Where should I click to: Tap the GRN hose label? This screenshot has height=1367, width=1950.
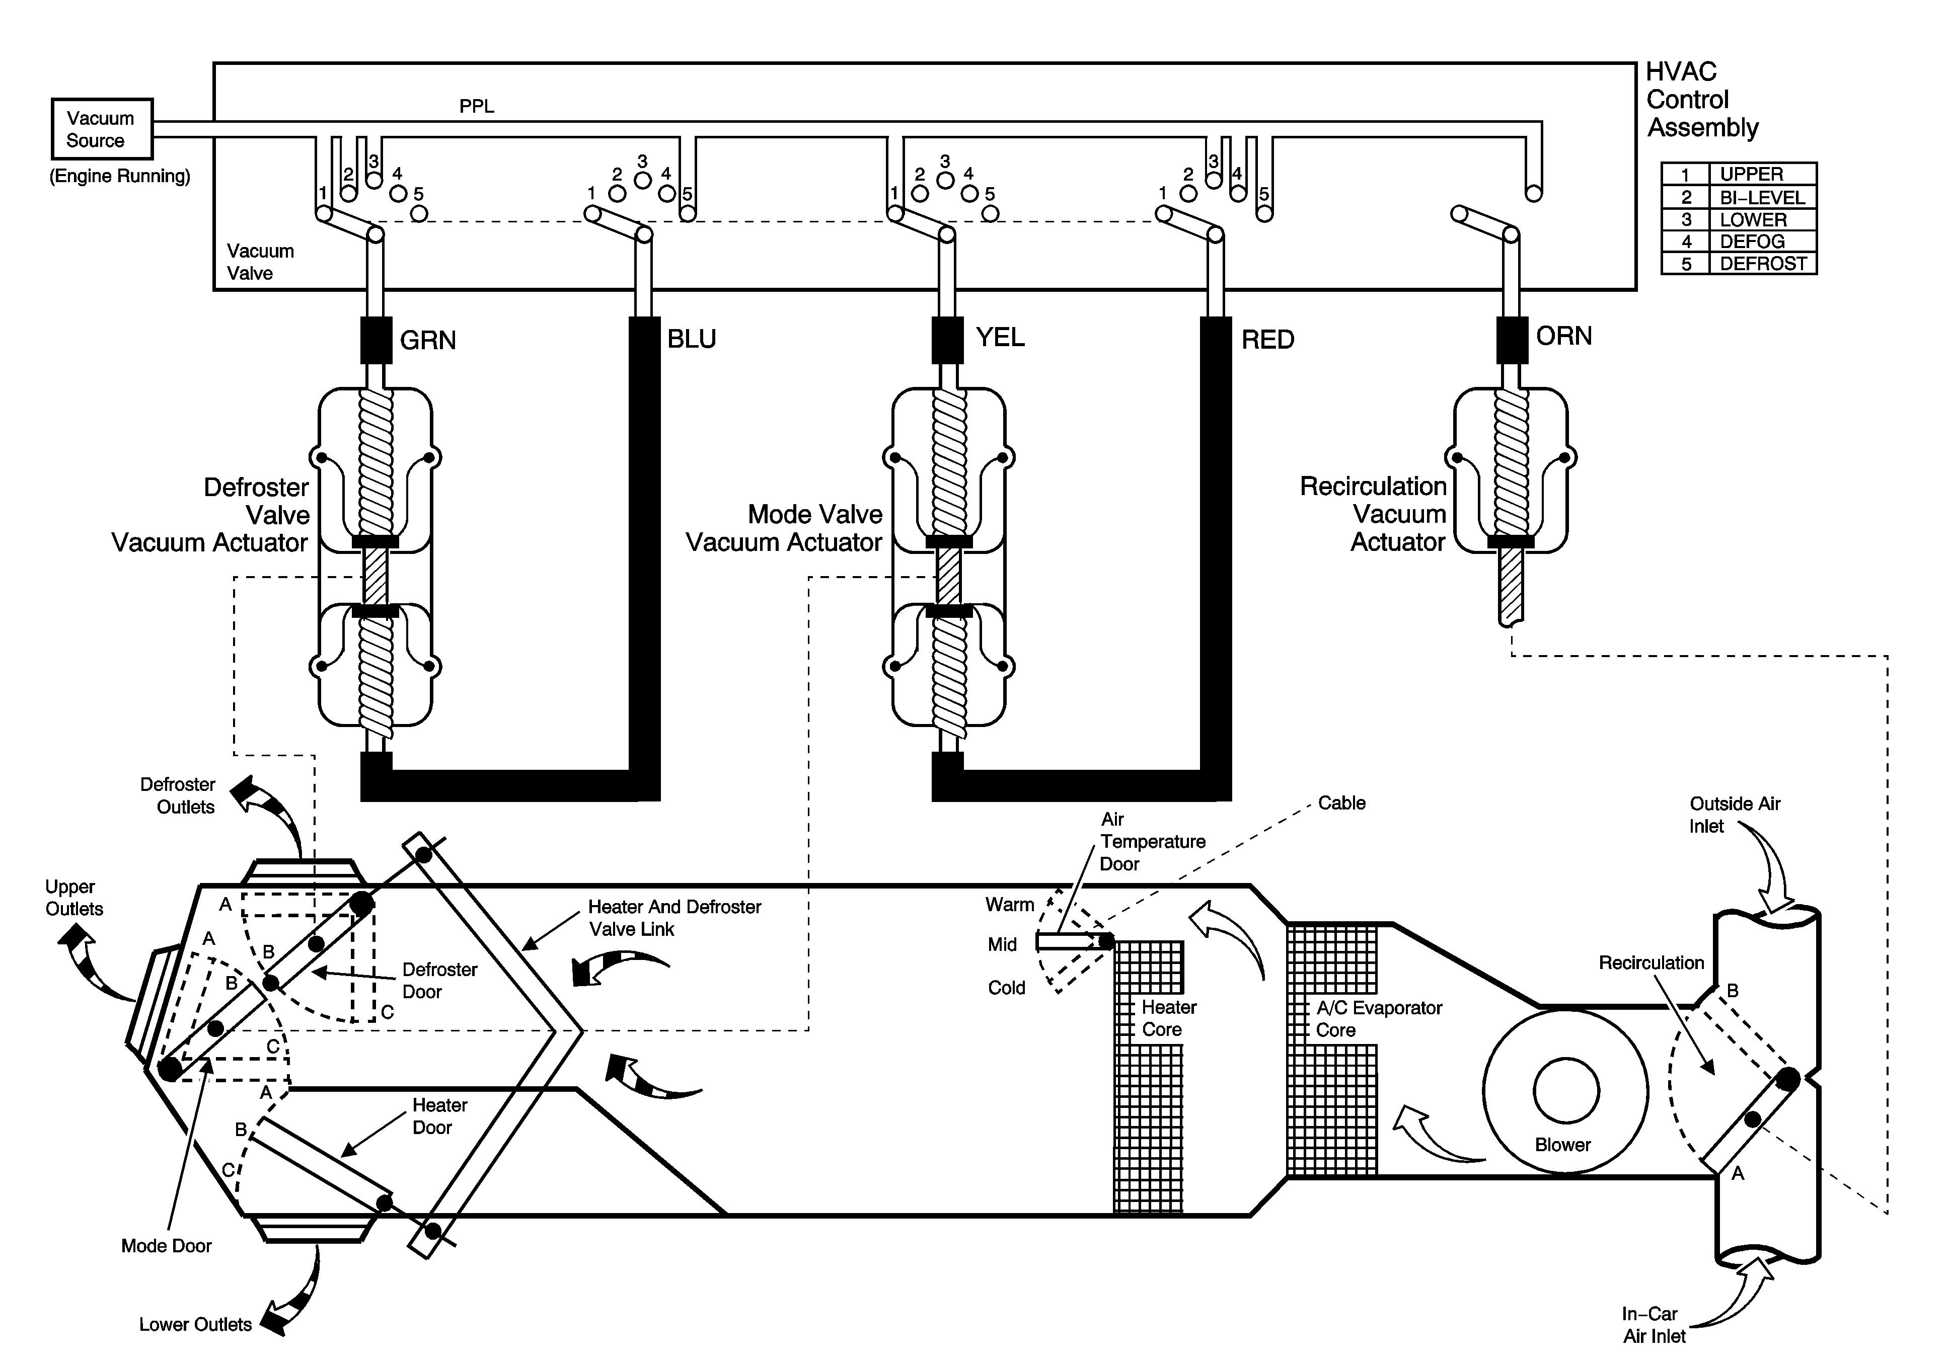click(428, 341)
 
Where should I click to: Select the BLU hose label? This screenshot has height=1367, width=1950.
click(691, 339)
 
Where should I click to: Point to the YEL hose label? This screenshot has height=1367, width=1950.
click(1000, 337)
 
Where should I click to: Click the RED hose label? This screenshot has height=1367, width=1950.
click(1267, 340)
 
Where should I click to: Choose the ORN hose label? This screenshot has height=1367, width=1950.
click(1563, 336)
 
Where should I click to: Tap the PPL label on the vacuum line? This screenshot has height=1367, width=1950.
click(477, 106)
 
